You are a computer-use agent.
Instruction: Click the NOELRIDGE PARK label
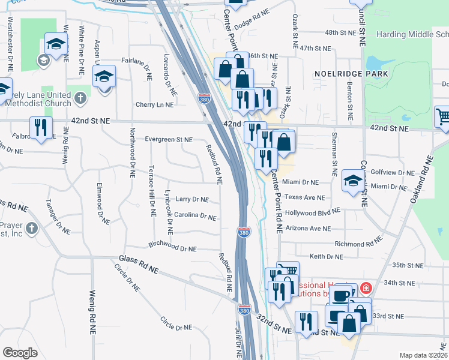[x=351, y=74]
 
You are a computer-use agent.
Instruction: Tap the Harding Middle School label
[x=412, y=34]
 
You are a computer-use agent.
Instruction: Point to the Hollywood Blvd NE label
[x=312, y=212]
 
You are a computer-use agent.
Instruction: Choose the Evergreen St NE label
[x=169, y=140]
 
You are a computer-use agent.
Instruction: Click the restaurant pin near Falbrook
[x=41, y=128]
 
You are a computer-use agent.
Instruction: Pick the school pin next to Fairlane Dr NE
[x=103, y=77]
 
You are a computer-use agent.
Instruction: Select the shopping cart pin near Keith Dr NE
[x=287, y=272]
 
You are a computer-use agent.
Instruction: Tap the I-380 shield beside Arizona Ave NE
[x=243, y=232]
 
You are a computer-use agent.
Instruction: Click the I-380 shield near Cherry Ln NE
[x=204, y=98]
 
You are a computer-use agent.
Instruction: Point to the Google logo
[x=20, y=352]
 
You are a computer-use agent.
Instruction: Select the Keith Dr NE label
[x=326, y=256]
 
